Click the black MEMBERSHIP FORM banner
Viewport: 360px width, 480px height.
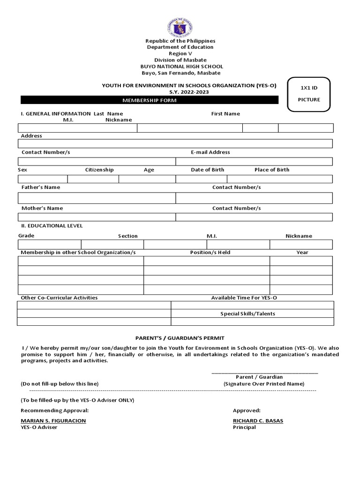coord(150,101)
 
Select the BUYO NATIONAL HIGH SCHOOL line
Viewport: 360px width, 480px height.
coord(180,67)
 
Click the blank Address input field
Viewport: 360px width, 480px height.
coord(175,143)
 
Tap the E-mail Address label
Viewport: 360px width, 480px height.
coord(210,152)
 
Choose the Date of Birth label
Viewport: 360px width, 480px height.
coord(207,170)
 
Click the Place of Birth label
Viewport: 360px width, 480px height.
coord(272,170)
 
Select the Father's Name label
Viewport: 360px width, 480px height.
coord(41,187)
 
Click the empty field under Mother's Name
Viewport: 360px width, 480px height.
coord(97,217)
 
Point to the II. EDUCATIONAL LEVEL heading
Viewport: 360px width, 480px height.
coord(52,225)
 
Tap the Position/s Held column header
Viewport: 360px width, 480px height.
coord(210,252)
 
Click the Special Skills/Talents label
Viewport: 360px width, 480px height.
coord(247,314)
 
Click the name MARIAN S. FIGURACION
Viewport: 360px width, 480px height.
coord(53,420)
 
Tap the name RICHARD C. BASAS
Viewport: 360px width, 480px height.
coord(258,420)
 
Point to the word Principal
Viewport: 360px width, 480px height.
coord(244,427)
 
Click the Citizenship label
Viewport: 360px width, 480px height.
coord(99,170)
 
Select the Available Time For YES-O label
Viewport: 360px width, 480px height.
coord(247,298)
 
